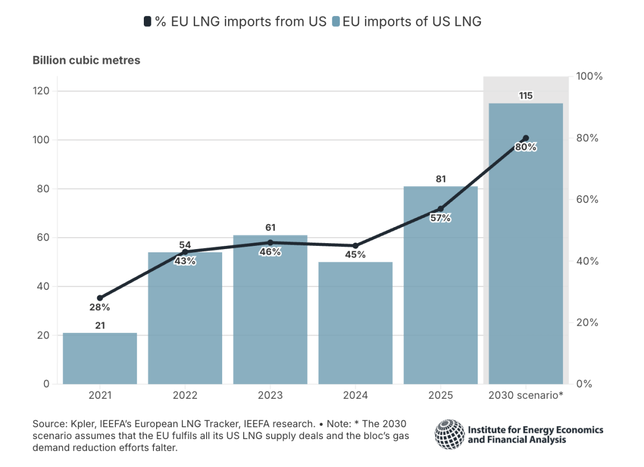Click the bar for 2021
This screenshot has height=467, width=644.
100,359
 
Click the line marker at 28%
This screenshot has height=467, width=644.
100,298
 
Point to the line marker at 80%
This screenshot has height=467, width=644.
525,138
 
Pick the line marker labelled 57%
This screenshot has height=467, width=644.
441,208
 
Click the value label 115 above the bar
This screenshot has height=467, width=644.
525,96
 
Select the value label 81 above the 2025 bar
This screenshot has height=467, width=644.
441,179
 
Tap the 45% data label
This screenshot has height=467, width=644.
355,254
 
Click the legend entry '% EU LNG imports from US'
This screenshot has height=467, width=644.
235,22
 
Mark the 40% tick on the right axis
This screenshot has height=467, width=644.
588,261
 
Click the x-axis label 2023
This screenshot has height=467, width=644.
270,396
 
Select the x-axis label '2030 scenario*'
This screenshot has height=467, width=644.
525,396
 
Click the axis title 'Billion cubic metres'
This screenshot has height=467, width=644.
86,60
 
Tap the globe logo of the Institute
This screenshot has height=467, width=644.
449,434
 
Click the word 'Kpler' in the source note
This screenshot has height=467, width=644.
76,423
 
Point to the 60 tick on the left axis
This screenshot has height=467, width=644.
43,238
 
